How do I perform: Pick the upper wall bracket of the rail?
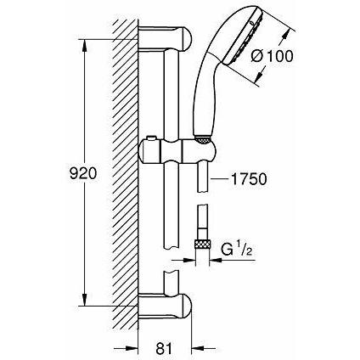(166, 38)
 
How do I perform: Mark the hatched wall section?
(127, 170)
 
